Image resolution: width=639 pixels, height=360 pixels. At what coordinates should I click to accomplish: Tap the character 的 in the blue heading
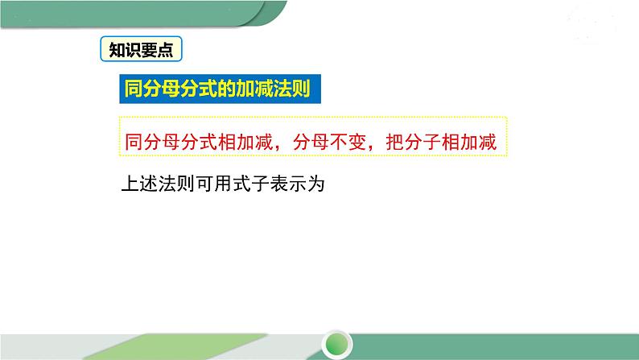click(x=228, y=89)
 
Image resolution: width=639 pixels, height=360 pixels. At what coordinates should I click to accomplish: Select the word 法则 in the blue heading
click(x=300, y=89)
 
